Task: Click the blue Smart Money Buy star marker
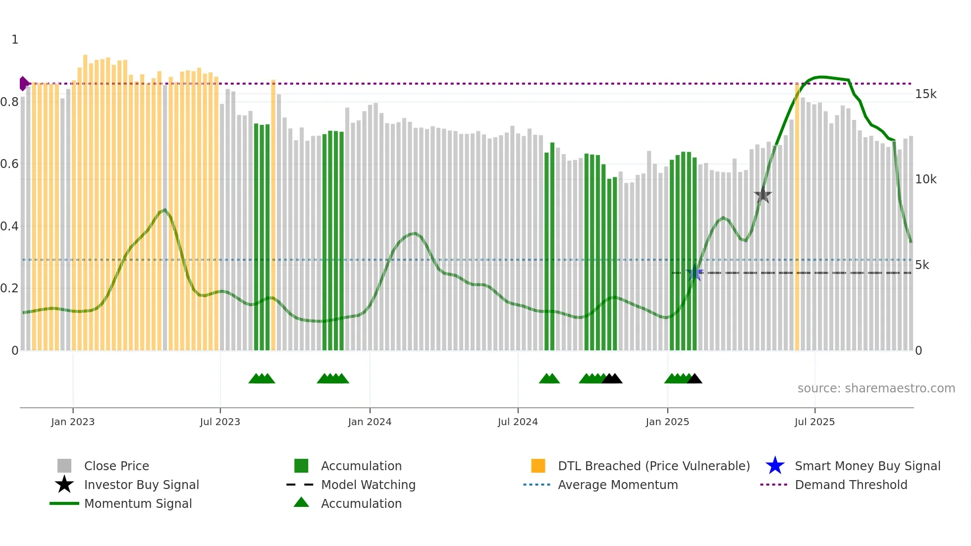point(695,273)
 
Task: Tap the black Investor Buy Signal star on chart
point(763,195)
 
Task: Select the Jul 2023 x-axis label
point(220,422)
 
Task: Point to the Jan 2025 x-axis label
point(667,422)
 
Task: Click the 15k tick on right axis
point(925,94)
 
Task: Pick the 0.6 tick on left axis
point(10,164)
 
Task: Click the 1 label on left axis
point(15,40)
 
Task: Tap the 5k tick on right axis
point(922,265)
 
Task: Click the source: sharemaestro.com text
point(876,388)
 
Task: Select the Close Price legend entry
point(116,466)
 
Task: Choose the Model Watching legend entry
point(368,485)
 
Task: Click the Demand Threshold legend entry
point(851,485)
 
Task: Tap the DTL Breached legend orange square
point(538,466)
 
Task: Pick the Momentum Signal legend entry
point(138,503)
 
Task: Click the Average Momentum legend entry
point(617,485)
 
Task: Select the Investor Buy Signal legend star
point(64,485)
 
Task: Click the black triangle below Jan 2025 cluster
point(695,379)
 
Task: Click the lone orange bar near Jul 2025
point(797,218)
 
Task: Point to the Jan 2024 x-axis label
point(370,422)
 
